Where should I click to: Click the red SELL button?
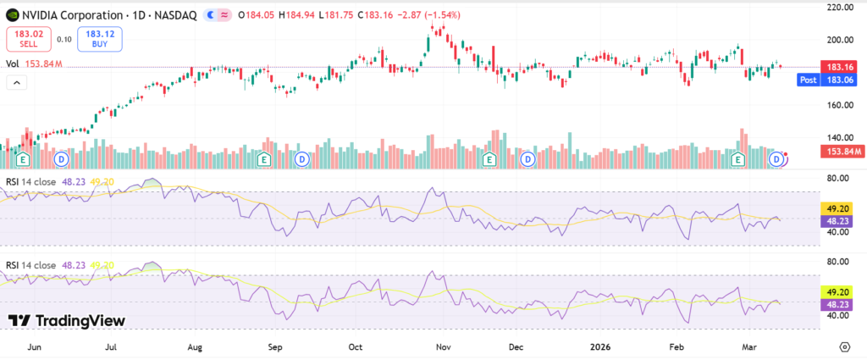28,38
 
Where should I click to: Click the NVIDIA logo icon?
12,15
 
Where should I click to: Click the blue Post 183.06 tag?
832,79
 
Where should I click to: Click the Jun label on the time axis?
35,346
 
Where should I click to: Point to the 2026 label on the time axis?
600,346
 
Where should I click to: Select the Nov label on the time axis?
440,346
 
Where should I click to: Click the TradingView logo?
67,321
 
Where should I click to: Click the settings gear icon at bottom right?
844,346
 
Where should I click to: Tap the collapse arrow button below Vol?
15,81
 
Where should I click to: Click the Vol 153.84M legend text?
35,64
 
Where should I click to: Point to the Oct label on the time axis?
356,346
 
